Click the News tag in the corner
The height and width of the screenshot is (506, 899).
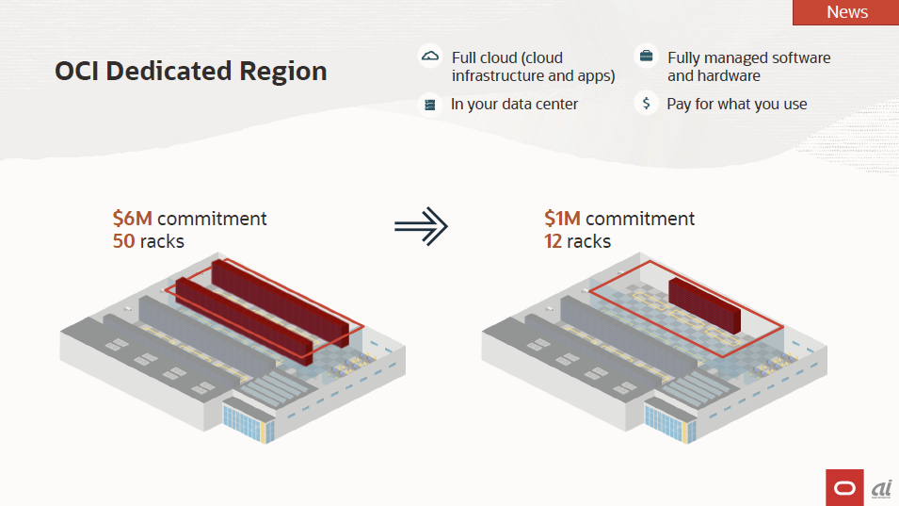[x=846, y=12]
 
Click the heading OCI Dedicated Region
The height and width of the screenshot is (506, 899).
[x=191, y=71]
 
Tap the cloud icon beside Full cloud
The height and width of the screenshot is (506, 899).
[x=430, y=56]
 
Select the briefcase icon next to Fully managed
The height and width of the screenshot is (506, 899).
[x=646, y=56]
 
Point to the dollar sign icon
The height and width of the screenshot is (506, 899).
[x=646, y=104]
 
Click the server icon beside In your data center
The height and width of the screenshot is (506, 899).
[x=430, y=105]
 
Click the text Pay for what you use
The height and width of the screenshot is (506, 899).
[x=737, y=105]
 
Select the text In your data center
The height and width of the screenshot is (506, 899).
[x=514, y=105]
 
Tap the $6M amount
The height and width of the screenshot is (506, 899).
[x=132, y=219]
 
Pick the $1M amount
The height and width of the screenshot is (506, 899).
[x=562, y=219]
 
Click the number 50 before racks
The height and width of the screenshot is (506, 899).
[x=124, y=241]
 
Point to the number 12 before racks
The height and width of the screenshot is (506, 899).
[x=553, y=241]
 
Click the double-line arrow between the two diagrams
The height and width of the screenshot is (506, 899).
[x=420, y=225]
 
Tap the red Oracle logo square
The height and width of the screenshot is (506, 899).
[x=844, y=487]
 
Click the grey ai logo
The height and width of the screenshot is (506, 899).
[x=881, y=487]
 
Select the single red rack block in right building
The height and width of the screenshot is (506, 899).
[x=703, y=305]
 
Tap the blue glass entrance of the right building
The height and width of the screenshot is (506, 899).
[x=669, y=421]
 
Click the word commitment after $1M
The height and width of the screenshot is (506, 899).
[x=640, y=219]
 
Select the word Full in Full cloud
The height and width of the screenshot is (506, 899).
[x=465, y=57]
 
